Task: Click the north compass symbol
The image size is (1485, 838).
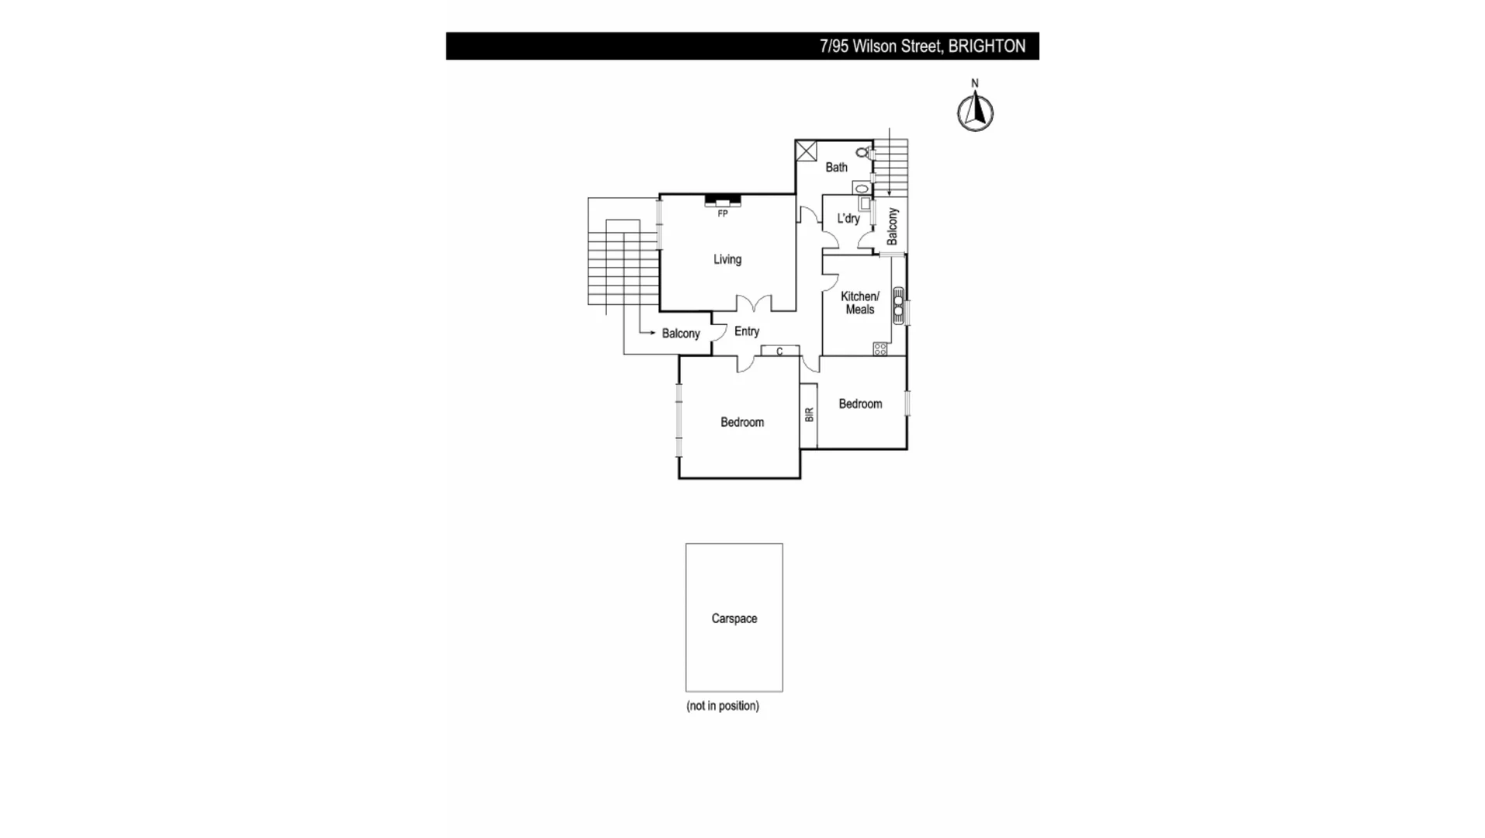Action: (975, 113)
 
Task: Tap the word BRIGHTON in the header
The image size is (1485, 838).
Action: (987, 47)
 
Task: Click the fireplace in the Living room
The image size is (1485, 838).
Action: (723, 201)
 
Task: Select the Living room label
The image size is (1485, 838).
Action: (727, 259)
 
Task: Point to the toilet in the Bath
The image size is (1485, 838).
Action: (862, 153)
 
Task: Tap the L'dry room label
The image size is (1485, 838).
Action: (848, 219)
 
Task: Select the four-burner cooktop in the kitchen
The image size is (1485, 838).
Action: (880, 349)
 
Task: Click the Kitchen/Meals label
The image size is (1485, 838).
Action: (860, 303)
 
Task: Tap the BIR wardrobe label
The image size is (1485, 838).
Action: (809, 415)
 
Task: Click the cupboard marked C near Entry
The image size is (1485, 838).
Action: (780, 351)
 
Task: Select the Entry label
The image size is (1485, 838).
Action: (747, 331)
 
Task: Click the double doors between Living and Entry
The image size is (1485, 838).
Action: (754, 303)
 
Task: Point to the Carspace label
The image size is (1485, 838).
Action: (734, 618)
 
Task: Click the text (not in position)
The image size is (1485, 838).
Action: (723, 706)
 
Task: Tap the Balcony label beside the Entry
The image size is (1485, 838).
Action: (681, 334)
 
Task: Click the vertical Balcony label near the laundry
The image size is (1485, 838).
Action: (893, 226)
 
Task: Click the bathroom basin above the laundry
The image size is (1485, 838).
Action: (861, 187)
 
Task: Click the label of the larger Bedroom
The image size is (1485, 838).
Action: (742, 422)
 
